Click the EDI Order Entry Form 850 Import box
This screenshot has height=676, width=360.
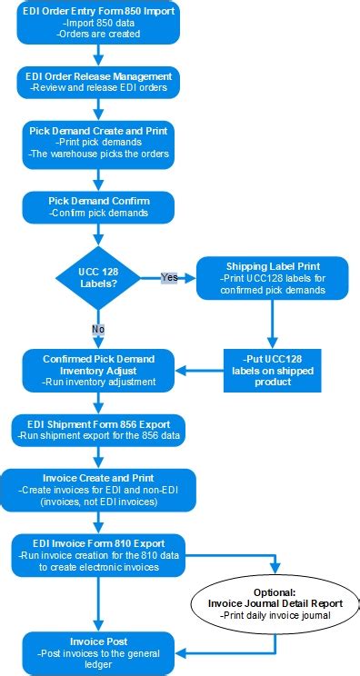coord(97,23)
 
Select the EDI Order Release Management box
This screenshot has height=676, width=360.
coord(97,82)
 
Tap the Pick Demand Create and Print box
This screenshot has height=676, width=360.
coord(97,144)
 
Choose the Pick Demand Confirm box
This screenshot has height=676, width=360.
coord(98,206)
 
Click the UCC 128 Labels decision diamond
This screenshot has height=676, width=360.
coord(97,276)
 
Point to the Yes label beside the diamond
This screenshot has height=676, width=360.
coord(168,277)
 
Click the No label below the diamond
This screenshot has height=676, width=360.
coord(97,328)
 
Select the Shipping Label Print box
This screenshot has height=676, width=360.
coord(273,278)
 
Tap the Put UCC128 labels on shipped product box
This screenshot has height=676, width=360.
coord(274,369)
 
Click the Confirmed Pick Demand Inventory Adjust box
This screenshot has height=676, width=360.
coord(97,370)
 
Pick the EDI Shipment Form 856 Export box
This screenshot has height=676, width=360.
coord(98,430)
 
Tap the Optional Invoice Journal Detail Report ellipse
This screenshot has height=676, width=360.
coord(275,602)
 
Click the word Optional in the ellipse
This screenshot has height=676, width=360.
coord(275,591)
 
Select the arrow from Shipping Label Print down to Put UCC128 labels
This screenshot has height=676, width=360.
coord(274,323)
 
